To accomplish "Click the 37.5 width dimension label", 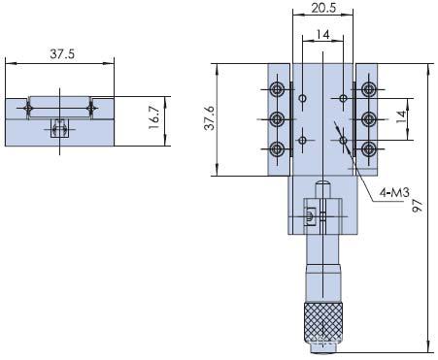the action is click(x=62, y=53).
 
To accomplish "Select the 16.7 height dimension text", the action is click(x=154, y=117).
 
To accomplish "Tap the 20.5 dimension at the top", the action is click(x=323, y=8).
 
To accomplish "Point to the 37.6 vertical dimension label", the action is click(x=210, y=118).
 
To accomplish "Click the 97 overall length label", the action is click(x=418, y=206).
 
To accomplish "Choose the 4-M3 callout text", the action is click(x=394, y=193).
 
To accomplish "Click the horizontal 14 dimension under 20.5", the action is click(x=322, y=34).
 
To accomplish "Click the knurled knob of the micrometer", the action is click(x=323, y=323).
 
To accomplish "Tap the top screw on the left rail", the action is click(x=277, y=89).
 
